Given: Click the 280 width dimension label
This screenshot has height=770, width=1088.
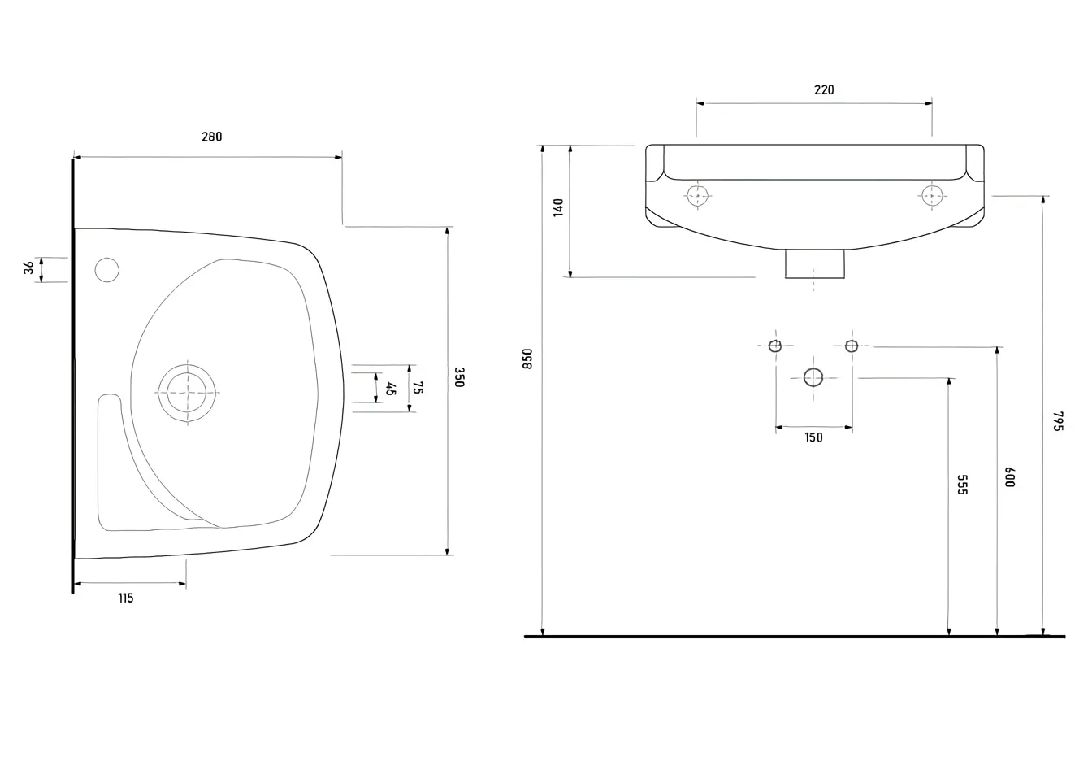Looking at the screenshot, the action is tap(212, 137).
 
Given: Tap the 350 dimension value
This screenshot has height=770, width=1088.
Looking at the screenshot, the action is tap(459, 377).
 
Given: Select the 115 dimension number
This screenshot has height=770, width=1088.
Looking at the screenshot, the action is tap(126, 598).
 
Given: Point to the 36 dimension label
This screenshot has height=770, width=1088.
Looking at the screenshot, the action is tap(28, 268).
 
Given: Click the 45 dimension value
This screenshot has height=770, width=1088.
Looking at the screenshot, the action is tap(390, 389).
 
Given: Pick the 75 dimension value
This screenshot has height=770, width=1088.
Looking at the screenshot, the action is tap(418, 388).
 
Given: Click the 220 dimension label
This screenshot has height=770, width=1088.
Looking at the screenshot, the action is tap(824, 90).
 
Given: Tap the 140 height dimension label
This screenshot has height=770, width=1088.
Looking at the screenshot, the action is tap(558, 207).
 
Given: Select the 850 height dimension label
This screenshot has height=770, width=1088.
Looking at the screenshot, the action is tap(527, 359).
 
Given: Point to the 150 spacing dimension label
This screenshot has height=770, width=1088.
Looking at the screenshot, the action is tap(813, 437).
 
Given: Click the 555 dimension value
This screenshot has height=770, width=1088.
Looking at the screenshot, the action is tap(962, 485).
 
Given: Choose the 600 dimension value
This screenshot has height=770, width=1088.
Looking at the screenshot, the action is tap(1010, 476).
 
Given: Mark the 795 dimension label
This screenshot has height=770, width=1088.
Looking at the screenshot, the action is tap(1058, 421).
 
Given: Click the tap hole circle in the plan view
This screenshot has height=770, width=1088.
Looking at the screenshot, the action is tap(107, 270).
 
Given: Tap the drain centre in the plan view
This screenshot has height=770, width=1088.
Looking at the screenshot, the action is tap(188, 393).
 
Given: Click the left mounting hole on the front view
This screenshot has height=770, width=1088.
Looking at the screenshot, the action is tap(697, 196).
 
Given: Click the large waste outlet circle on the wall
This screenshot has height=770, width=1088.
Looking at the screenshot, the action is tap(813, 378).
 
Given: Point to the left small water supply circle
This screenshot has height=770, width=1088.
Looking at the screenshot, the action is tap(775, 346).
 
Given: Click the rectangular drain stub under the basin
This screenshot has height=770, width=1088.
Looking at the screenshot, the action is tap(814, 263).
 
